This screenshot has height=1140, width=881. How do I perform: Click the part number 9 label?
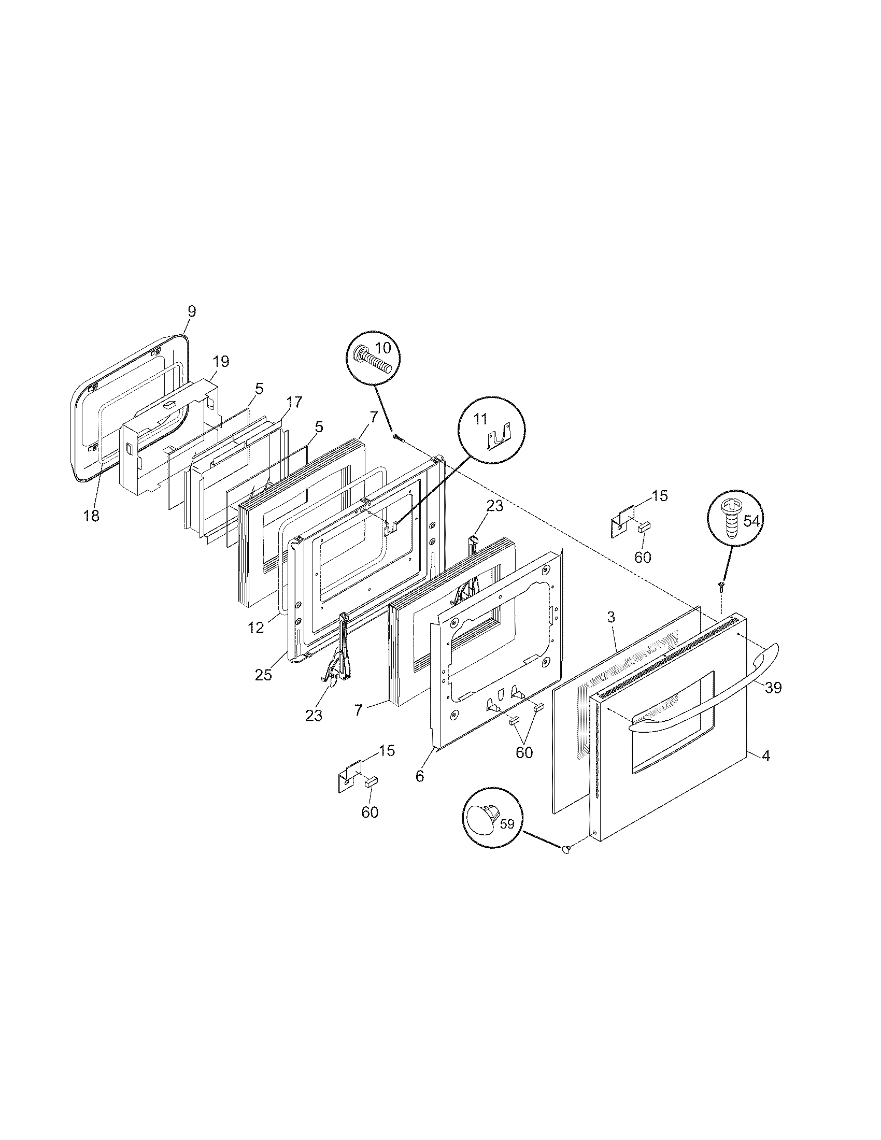[192, 311]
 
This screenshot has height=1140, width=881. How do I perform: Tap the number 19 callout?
[221, 361]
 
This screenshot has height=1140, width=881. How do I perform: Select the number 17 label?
[294, 402]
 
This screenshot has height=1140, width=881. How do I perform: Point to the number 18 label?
[91, 516]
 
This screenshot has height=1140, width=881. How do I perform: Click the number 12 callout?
[255, 628]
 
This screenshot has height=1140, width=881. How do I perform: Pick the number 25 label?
[264, 675]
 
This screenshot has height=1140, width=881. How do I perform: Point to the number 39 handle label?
[773, 688]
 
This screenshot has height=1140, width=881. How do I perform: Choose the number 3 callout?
[611, 617]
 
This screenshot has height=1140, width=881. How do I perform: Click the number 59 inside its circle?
[507, 824]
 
